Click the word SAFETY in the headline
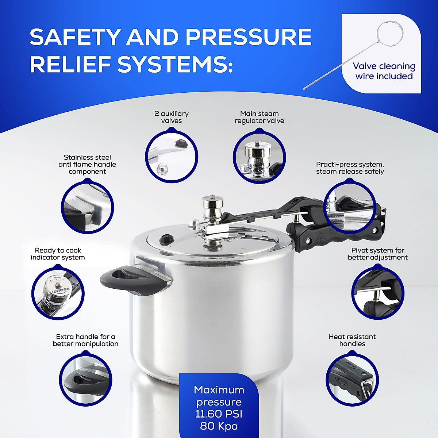[x=75, y=37]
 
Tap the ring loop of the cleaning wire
[x=390, y=34]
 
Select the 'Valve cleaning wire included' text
[x=384, y=71]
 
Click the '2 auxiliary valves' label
[x=171, y=117]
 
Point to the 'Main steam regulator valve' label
[x=259, y=117]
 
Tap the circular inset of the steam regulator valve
[x=259, y=157]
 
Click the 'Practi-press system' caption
[x=350, y=168]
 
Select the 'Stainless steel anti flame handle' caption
[x=87, y=164]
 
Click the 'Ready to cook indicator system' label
[x=58, y=254]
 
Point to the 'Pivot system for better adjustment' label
[x=377, y=254]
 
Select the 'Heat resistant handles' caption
[x=352, y=340]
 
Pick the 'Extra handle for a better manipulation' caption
[x=85, y=340]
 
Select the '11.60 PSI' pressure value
[x=219, y=414]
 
